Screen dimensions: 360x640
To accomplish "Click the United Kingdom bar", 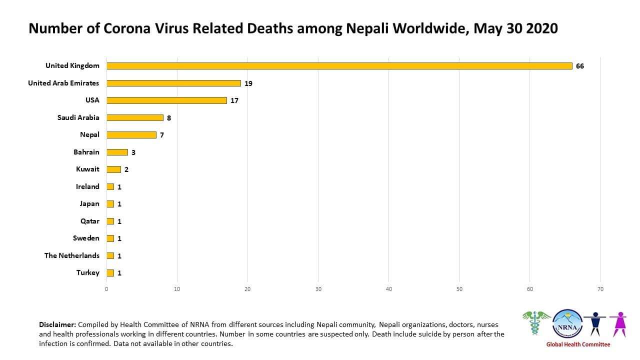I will (339, 66).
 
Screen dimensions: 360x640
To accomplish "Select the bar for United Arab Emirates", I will (173, 83).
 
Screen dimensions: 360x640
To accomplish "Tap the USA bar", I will (166, 100).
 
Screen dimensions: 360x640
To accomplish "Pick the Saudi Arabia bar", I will (135, 117).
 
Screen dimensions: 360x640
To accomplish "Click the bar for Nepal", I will (131, 135).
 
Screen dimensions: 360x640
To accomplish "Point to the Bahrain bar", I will (117, 152).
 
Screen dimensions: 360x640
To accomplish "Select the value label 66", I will (579, 66).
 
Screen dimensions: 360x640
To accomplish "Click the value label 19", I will (248, 83).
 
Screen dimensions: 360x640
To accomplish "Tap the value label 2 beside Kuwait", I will (126, 169).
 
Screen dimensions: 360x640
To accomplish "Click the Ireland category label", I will (87, 186).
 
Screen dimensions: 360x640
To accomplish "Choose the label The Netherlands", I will (71, 255).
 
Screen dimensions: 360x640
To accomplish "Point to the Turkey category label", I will (87, 272).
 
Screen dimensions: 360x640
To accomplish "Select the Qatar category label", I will (90, 221).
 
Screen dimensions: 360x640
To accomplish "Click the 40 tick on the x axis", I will (389, 289).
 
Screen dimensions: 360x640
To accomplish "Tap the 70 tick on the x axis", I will (600, 289).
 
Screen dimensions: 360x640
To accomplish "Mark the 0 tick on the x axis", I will (106, 289).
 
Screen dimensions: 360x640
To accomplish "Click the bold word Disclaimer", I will (57, 324).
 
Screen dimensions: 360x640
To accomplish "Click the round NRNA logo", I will (567, 324).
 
